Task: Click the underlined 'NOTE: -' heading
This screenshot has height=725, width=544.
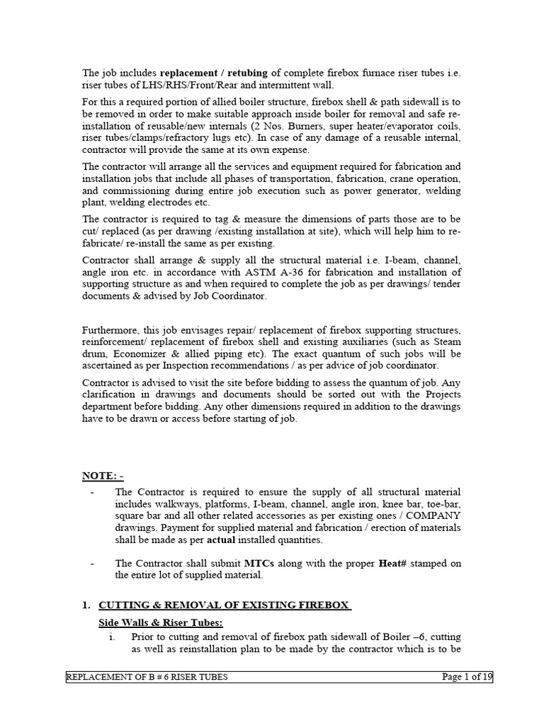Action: coord(103,476)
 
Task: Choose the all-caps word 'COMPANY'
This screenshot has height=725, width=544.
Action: coord(431,517)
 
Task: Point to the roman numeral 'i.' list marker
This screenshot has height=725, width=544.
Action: coord(112,636)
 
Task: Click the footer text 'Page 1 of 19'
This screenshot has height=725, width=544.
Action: coord(466,677)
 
